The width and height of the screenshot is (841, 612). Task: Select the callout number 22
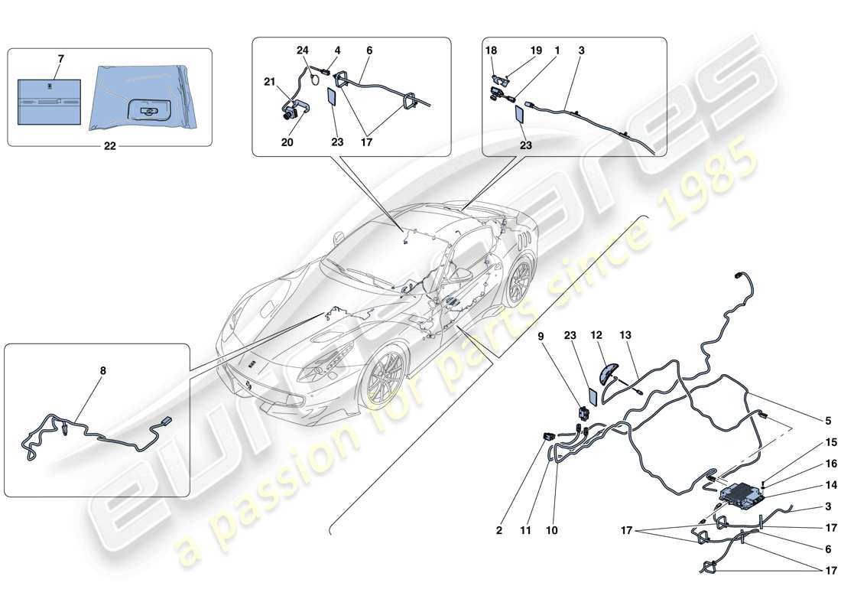tap(109, 148)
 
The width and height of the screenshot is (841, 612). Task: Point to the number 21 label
tap(269, 83)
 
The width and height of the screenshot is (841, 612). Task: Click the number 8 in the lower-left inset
tap(103, 371)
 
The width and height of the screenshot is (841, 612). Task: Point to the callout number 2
tap(499, 529)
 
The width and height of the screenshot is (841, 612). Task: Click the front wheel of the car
tap(387, 376)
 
